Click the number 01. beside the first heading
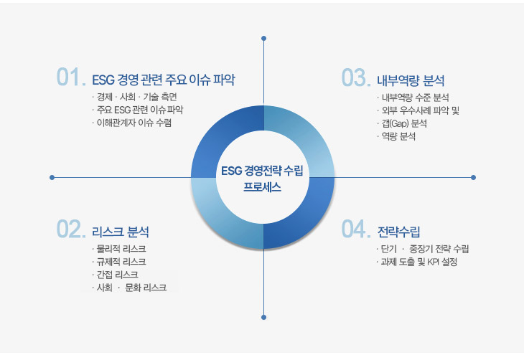point(70,77)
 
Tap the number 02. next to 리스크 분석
point(70,229)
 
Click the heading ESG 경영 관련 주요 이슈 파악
point(164,79)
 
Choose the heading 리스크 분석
point(121,232)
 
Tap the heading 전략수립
point(398,231)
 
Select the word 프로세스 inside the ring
point(262,186)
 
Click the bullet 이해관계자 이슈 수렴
point(134,123)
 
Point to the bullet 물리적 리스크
point(121,249)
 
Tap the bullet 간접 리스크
point(117,275)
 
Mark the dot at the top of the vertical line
point(264,38)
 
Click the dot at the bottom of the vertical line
point(264,316)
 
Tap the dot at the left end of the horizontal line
point(52,177)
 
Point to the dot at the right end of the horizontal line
point(473,177)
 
